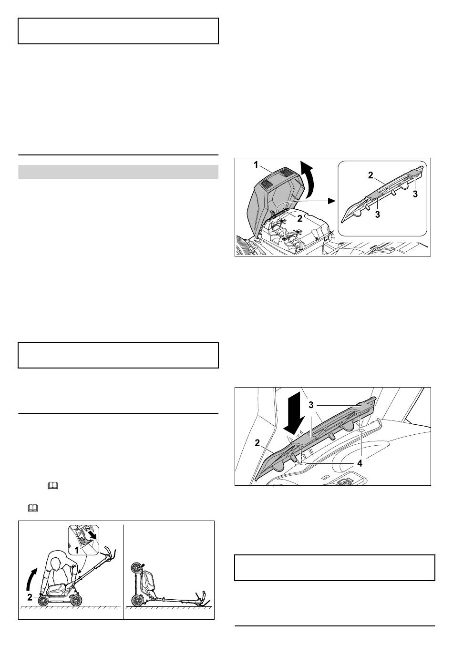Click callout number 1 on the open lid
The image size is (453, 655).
[x=256, y=165]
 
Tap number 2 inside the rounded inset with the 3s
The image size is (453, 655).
[x=371, y=175]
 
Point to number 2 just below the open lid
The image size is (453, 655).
[x=299, y=218]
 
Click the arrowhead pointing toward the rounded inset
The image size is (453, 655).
[x=331, y=201]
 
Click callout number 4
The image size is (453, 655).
[x=360, y=463]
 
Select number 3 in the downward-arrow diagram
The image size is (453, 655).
[x=311, y=405]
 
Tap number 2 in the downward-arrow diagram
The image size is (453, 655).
[x=257, y=443]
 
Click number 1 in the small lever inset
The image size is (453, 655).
[x=76, y=550]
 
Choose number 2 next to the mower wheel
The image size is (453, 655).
[x=30, y=597]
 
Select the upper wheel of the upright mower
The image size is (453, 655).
[x=136, y=568]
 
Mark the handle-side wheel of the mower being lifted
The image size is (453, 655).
[x=77, y=600]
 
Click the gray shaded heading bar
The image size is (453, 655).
[x=118, y=172]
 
